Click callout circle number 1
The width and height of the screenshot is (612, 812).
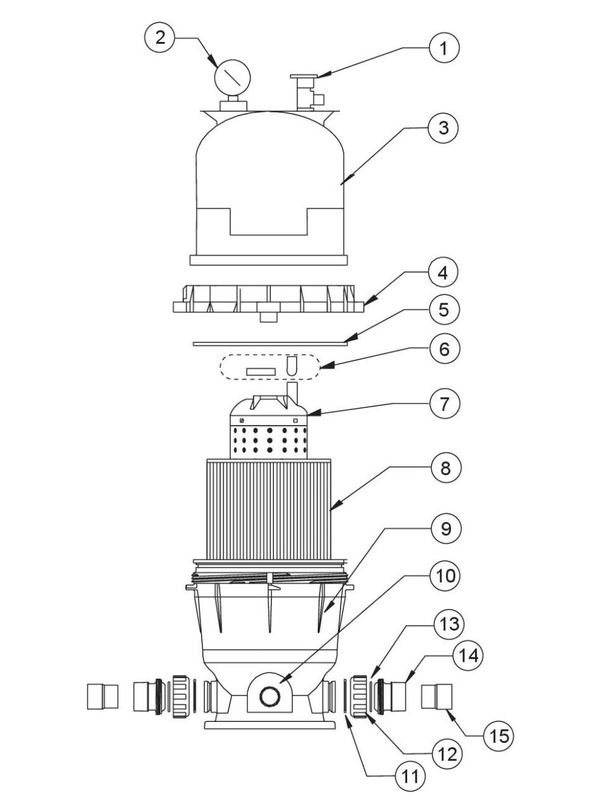click(443, 48)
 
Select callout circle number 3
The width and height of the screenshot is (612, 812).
click(443, 128)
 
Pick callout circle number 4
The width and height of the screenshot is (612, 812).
click(443, 273)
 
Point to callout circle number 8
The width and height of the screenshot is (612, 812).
click(443, 469)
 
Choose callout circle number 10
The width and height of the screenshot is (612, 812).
click(443, 577)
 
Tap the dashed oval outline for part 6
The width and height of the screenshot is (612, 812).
click(270, 367)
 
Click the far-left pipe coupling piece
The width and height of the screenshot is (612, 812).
click(102, 696)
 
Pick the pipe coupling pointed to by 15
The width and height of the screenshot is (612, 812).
click(438, 696)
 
